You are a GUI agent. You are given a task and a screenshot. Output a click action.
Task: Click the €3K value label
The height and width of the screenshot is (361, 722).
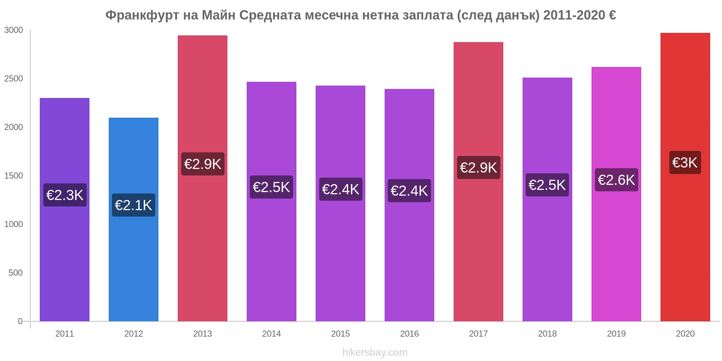[x=685, y=163]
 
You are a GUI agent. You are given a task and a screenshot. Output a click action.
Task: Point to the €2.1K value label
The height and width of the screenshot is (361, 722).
[x=134, y=205]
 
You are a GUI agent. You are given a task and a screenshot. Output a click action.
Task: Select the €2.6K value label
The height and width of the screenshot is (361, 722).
[x=616, y=180]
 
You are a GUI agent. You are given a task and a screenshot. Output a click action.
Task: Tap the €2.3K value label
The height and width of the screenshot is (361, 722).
[x=65, y=195]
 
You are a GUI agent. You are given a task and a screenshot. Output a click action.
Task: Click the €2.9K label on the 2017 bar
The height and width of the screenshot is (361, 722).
[x=478, y=168]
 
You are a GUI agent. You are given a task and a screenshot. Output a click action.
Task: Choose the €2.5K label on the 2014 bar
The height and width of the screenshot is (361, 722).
[x=271, y=187]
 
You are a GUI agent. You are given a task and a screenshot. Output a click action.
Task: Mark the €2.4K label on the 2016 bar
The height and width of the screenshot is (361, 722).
[x=409, y=191]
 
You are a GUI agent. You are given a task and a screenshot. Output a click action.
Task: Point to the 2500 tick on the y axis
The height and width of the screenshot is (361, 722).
[x=13, y=79]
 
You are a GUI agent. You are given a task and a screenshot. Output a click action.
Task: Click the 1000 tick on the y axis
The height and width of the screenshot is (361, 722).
[x=13, y=224]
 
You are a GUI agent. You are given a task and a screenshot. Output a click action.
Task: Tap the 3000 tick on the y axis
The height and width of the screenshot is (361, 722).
[x=13, y=30]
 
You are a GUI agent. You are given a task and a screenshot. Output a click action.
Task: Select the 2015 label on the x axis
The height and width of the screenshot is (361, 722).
[x=340, y=334]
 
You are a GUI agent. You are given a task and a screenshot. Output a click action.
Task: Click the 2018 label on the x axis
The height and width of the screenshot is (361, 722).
[x=547, y=334]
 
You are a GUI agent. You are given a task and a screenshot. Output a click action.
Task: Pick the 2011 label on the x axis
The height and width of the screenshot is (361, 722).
[x=65, y=334]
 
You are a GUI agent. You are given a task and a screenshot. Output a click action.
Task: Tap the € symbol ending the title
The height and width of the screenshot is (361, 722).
[x=612, y=15]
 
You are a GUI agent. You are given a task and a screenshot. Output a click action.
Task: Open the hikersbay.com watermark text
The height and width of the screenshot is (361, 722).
[x=375, y=352]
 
